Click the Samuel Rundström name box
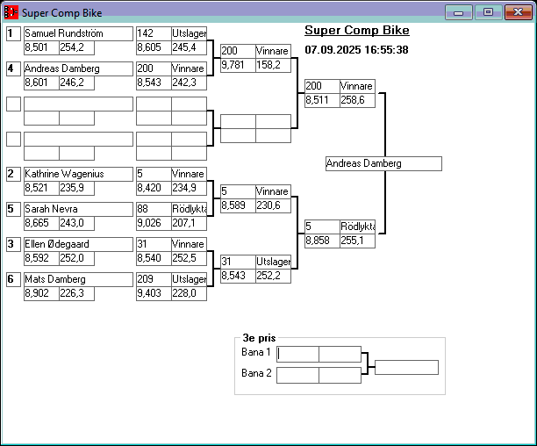[78, 33]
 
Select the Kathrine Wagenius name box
[78, 174]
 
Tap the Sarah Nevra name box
[78, 209]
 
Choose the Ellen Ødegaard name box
[78, 244]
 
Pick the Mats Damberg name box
[78, 279]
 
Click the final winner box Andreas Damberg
[383, 163]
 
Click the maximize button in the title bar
[488, 12]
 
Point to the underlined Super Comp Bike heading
[356, 31]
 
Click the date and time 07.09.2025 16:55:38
[356, 50]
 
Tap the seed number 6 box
[13, 279]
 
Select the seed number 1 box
[13, 33]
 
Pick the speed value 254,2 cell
[76, 47]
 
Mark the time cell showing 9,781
[237, 65]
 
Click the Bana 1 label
[256, 352]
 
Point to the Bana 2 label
[256, 373]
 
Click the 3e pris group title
[259, 337]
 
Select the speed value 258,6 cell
[357, 100]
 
